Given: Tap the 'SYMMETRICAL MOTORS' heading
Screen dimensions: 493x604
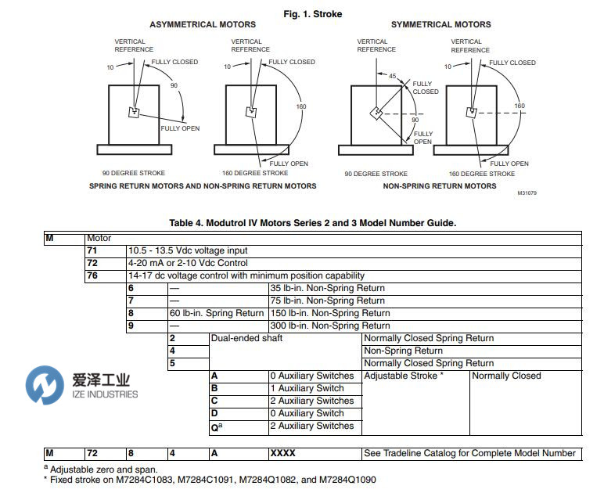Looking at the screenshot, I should tap(441, 24).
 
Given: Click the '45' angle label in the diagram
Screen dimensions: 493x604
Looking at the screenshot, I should tap(393, 76).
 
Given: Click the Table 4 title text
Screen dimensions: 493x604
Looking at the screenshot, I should tap(312, 223).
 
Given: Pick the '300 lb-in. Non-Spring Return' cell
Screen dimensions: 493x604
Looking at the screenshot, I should tap(329, 326).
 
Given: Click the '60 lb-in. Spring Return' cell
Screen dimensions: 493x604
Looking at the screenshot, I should tap(217, 313).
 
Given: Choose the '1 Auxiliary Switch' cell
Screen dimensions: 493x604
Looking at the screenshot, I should tap(307, 388).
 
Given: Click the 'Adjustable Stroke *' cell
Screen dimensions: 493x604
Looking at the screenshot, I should tap(404, 376).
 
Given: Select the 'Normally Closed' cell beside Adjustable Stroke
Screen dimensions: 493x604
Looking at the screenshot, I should tap(506, 376).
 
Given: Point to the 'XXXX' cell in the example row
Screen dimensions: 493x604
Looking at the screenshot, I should tap(282, 453).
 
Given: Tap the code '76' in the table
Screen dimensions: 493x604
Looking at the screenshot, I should tap(92, 275).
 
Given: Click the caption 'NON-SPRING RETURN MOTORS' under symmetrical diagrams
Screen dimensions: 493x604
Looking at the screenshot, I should tap(439, 186).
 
